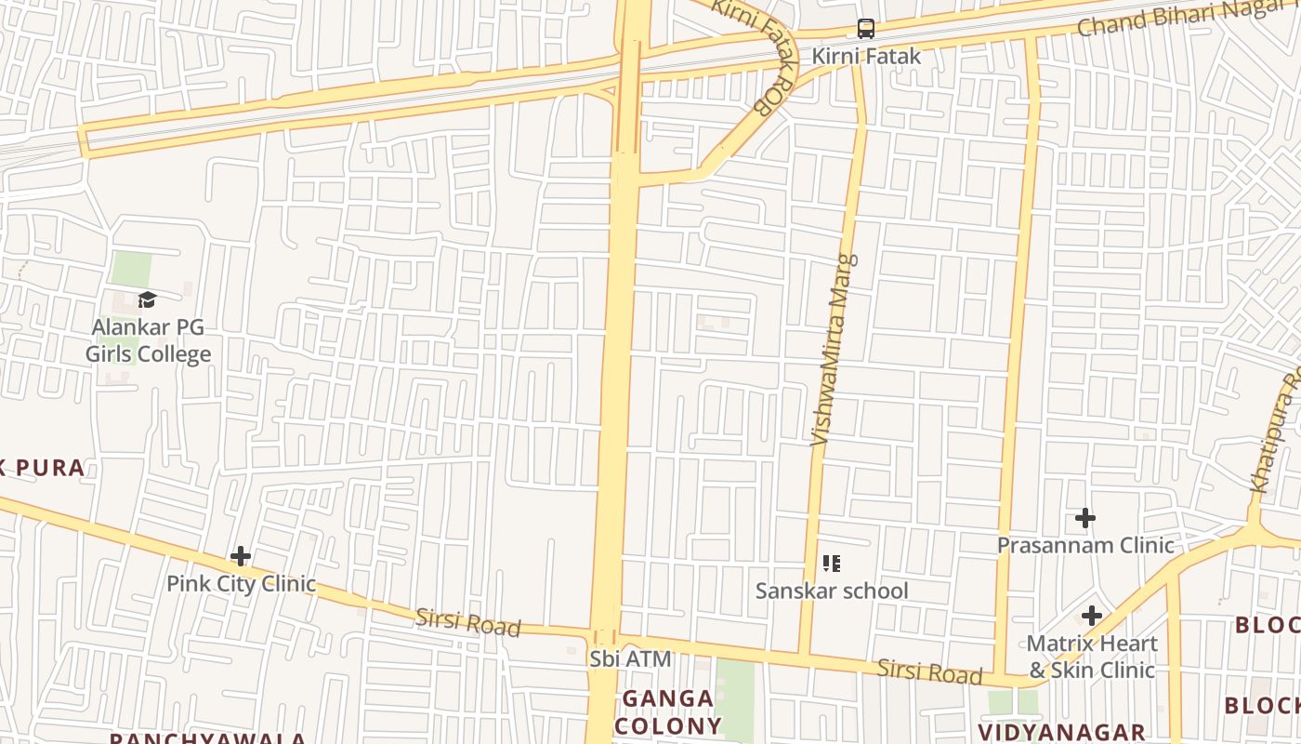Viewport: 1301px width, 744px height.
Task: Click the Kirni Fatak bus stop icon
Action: pos(866,29)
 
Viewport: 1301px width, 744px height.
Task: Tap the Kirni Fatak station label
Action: pos(866,56)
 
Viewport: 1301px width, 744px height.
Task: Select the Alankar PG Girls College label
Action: pos(149,340)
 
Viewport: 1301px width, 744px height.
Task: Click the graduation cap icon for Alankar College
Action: pos(147,299)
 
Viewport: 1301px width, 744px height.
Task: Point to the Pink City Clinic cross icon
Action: pos(241,556)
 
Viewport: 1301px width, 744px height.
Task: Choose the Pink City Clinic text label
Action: pos(241,584)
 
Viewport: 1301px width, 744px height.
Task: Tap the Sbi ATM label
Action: pos(630,658)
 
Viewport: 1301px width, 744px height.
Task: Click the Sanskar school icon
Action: pos(832,563)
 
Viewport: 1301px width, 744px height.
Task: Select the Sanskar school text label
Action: pos(832,591)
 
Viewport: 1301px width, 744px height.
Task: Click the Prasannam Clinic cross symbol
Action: pos(1084,518)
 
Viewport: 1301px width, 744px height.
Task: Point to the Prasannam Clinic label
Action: pos(1085,545)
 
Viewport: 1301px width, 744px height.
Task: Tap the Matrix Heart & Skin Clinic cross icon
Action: pos(1092,615)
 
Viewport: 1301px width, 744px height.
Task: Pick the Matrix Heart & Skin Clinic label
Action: pos(1092,657)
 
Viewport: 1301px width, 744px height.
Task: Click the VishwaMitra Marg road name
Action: pos(834,350)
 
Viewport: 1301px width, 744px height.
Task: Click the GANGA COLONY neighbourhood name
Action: pos(668,711)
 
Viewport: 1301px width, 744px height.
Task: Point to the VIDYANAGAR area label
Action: pos(1061,732)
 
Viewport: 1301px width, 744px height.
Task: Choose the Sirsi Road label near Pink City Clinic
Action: pos(467,622)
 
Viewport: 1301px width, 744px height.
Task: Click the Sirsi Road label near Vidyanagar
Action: pos(929,671)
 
